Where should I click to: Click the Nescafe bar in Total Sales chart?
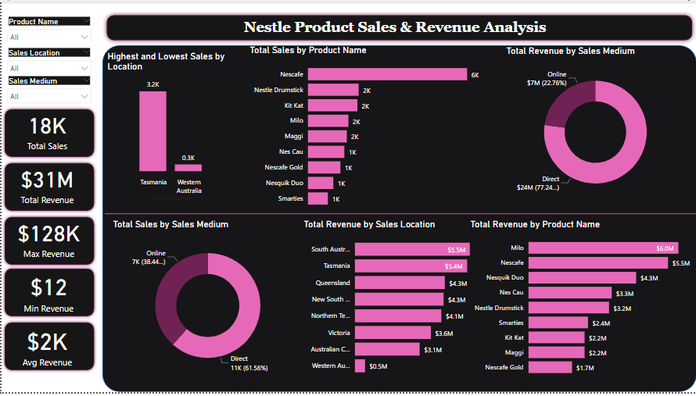pos(387,74)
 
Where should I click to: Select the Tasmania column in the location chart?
pos(152,131)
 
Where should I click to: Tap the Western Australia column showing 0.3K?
pos(188,168)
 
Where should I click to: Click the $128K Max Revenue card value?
pos(49,234)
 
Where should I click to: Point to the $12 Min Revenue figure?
pos(49,287)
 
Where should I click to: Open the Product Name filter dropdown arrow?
pos(84,37)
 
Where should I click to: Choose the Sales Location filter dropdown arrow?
pos(84,68)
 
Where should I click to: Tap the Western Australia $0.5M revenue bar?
pos(360,366)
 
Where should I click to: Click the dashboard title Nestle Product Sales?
pos(395,27)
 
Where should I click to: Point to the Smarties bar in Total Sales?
pos(318,198)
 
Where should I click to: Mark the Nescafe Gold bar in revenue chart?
pos(548,367)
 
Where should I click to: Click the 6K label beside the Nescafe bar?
pos(475,75)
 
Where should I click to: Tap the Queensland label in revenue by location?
pos(332,283)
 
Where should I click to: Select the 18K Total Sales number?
pos(48,127)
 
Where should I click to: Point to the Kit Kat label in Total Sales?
pos(293,105)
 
